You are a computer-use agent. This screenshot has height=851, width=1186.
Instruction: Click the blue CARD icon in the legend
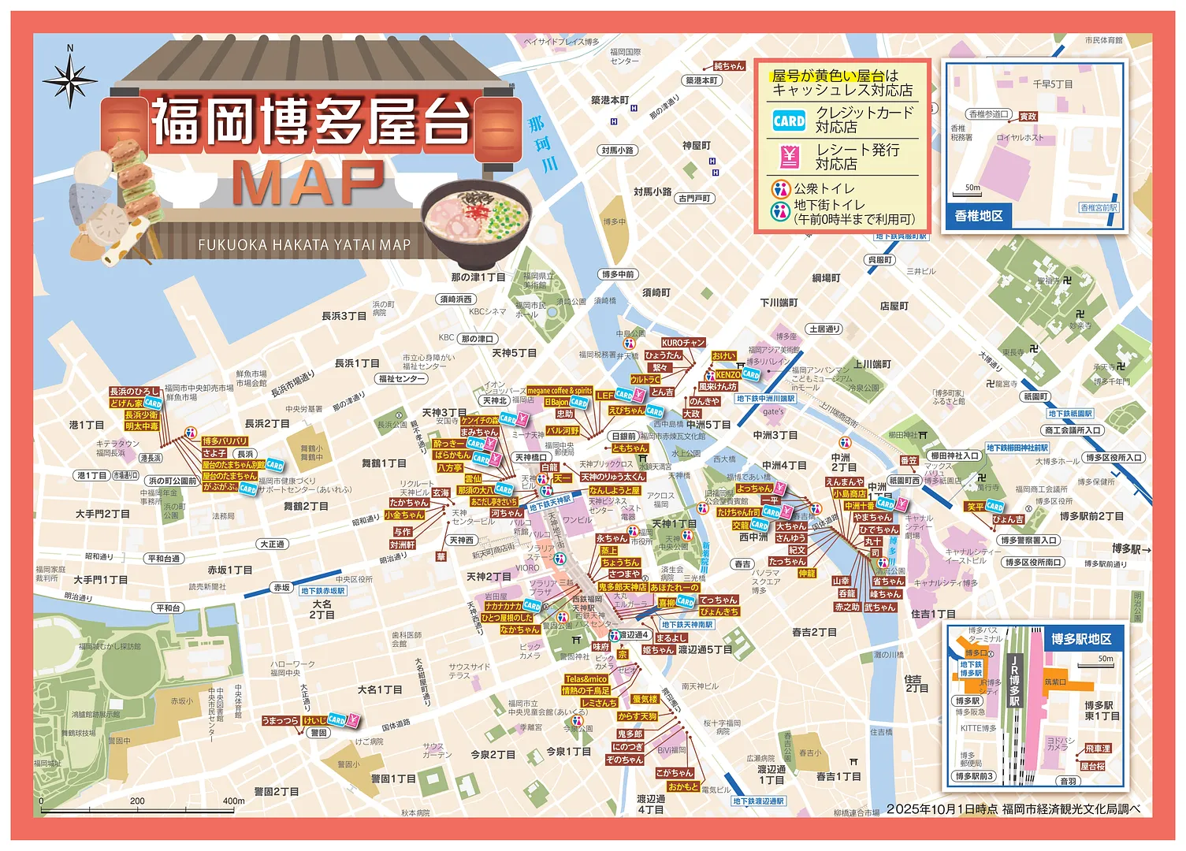789,121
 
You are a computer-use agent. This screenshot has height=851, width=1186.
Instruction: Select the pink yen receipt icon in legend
789,157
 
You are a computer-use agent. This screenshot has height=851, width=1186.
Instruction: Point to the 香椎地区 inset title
979,216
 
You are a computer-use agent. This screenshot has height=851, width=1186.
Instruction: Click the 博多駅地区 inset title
1080,639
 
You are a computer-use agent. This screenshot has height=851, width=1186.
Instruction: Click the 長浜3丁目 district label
344,316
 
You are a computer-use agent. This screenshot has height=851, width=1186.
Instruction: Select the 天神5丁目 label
514,353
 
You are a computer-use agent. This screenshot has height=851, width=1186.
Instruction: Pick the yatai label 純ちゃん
728,66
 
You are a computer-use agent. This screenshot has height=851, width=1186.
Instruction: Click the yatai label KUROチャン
682,343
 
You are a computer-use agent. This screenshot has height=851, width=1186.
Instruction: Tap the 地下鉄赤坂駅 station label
323,590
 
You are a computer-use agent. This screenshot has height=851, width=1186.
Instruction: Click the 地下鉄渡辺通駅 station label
758,801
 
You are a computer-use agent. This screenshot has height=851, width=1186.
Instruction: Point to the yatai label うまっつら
281,720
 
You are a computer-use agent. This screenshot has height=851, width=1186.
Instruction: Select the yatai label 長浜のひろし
134,392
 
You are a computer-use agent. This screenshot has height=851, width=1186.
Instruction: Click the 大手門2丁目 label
102,514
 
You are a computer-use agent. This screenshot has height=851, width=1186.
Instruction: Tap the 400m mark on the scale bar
234,801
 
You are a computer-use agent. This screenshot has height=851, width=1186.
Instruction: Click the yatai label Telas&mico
586,678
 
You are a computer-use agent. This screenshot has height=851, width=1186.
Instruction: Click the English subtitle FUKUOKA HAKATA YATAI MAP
304,245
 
